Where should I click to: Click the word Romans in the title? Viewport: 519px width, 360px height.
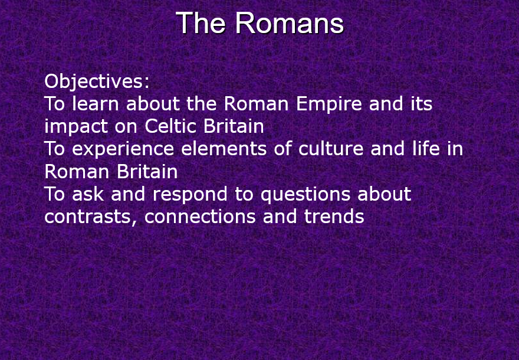coord(290,23)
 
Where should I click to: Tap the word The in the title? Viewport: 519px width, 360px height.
coord(201,23)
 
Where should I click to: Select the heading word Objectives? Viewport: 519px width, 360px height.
coord(97,81)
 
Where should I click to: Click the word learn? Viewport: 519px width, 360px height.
coord(96,104)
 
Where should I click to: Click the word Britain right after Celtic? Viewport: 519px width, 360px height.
coord(234,126)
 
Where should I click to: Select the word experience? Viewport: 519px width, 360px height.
coord(123,150)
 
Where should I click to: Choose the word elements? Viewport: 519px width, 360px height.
coord(224,149)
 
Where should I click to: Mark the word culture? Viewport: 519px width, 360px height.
coord(331,149)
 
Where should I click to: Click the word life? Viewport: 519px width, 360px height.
coord(426,149)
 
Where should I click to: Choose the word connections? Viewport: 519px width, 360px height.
coord(200,217)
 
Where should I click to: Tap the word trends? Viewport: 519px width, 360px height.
coord(334,217)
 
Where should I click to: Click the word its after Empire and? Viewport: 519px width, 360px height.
coord(421,104)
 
